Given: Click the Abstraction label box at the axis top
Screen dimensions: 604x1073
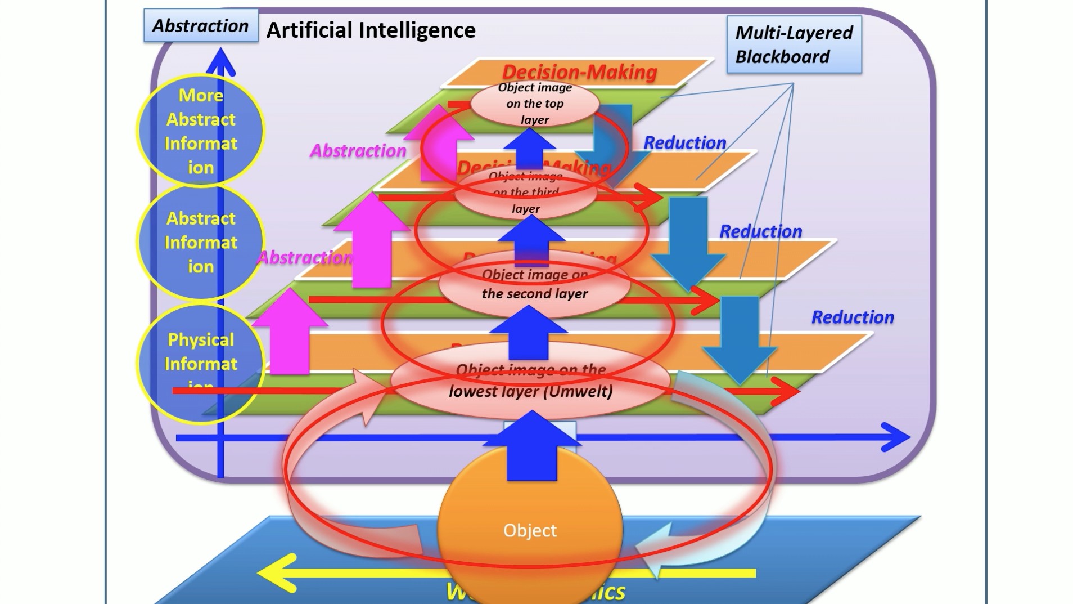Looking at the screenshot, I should (201, 26).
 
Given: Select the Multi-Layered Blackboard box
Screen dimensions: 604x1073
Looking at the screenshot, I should (794, 44).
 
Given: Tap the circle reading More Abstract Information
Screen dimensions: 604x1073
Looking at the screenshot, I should (201, 131).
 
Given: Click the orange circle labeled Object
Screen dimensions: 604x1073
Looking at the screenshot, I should (530, 530).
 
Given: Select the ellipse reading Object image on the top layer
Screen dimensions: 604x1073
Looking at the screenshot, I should (535, 104).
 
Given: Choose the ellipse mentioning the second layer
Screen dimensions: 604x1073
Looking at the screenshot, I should (535, 285).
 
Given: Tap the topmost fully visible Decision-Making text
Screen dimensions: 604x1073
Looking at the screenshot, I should (579, 72).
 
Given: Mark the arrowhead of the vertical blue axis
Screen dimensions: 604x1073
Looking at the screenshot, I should (220, 61).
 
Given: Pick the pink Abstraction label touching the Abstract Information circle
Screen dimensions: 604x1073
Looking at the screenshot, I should (305, 258).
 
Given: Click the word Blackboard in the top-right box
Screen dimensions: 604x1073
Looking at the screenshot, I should (782, 57).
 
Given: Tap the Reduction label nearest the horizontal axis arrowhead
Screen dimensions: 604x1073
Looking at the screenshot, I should (852, 317).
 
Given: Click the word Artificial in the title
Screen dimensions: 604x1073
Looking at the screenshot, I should (309, 30).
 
